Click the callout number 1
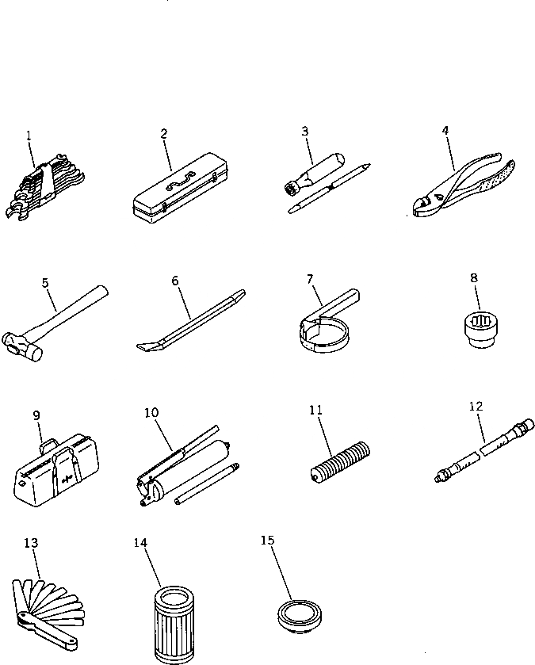(29, 136)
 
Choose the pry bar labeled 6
(190, 324)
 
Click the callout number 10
(152, 413)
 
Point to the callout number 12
(476, 407)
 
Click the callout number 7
(310, 279)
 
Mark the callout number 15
(267, 541)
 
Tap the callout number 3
(304, 132)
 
